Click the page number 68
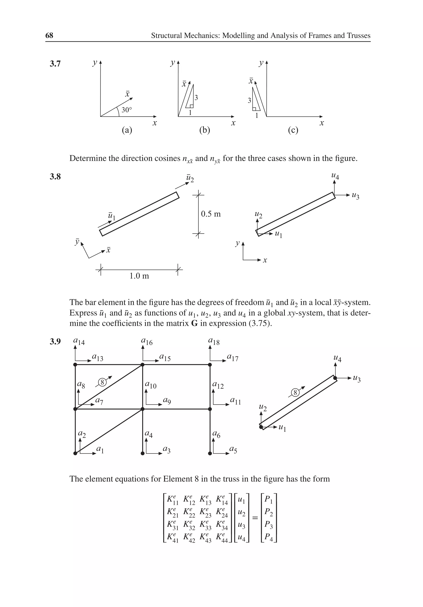pyautogui.click(x=49, y=36)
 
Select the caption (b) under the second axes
pyautogui.click(x=204, y=130)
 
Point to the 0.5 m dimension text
pyautogui.click(x=211, y=214)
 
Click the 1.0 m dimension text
pyautogui.click(x=139, y=276)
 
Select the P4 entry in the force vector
pyautogui.click(x=269, y=537)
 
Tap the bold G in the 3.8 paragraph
pyautogui.click(x=194, y=323)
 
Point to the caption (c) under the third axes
pyautogui.click(x=293, y=130)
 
